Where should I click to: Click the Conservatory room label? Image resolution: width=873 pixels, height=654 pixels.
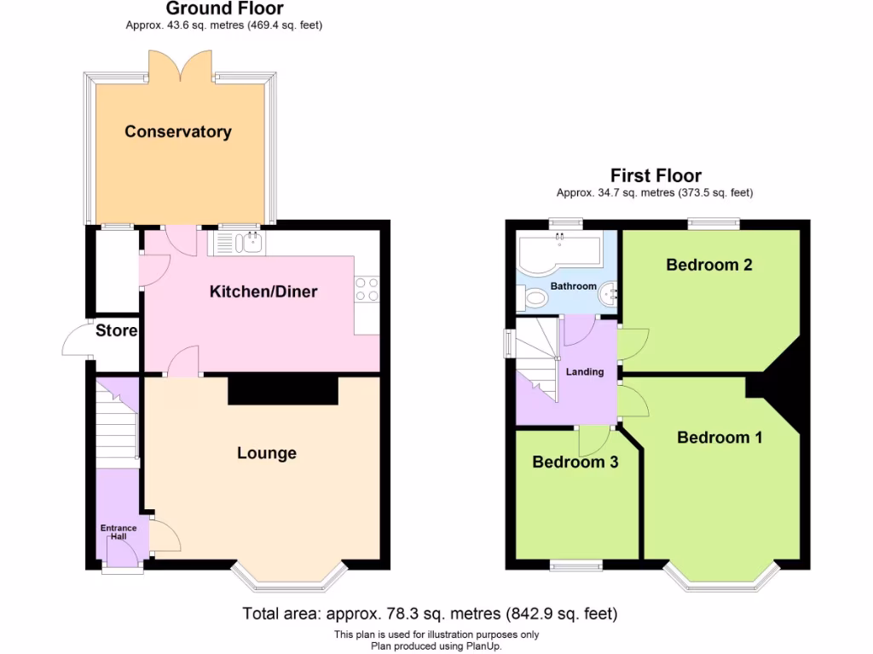[x=177, y=132]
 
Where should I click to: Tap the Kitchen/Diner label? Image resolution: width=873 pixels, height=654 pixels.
[x=263, y=292]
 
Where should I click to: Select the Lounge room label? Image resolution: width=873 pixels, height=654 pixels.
[x=267, y=453]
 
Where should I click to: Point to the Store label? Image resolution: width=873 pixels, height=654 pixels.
[x=116, y=330]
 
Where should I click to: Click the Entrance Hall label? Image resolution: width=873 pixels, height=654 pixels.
[x=119, y=532]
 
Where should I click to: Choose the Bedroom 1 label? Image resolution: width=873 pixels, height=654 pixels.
[x=720, y=438]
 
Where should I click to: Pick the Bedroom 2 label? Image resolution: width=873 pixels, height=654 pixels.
[x=708, y=265]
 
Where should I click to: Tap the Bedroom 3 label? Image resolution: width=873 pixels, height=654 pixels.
[x=575, y=462]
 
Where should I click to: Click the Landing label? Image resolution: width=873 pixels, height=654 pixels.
[x=585, y=372]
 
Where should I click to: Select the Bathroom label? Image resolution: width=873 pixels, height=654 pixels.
[x=573, y=286]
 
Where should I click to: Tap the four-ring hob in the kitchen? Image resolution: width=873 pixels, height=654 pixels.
[x=367, y=290]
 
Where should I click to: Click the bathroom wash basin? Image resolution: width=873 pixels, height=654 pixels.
[x=609, y=294]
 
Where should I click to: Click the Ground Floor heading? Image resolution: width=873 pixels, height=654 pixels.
[x=224, y=9]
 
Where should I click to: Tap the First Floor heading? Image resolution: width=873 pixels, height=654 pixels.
[x=656, y=176]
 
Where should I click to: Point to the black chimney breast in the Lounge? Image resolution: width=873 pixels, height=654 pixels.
[x=283, y=390]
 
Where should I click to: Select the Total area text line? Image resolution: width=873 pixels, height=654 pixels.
[x=430, y=613]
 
